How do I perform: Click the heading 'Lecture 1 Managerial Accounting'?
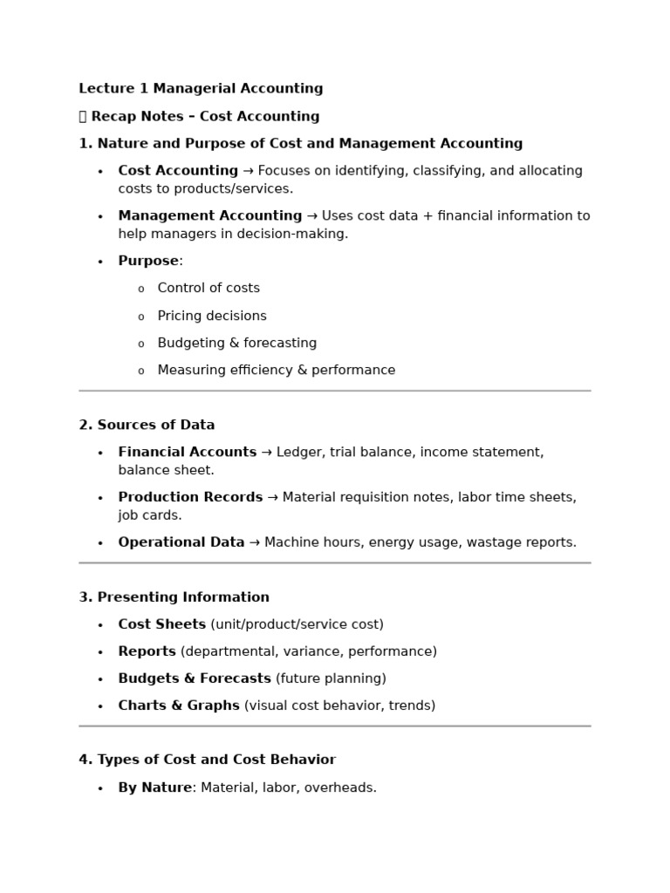(201, 89)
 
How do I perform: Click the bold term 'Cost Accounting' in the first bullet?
(178, 171)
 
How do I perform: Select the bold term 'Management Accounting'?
(210, 216)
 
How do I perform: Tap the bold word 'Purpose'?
(148, 262)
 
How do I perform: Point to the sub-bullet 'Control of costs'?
(209, 289)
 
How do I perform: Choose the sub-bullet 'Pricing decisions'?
(212, 316)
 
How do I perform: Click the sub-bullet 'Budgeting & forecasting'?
(237, 344)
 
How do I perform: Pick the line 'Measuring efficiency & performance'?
(277, 371)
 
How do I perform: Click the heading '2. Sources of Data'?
(147, 426)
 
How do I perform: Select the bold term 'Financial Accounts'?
(188, 453)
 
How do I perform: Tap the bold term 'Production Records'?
(190, 498)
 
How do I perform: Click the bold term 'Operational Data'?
(181, 542)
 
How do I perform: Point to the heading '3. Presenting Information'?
(174, 597)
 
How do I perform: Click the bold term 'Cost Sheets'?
(162, 625)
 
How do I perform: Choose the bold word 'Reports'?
(147, 652)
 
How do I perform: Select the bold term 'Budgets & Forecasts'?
(195, 679)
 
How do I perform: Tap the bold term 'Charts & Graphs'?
(179, 706)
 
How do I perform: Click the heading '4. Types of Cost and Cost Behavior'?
(207, 760)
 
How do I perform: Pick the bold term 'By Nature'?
(154, 788)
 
